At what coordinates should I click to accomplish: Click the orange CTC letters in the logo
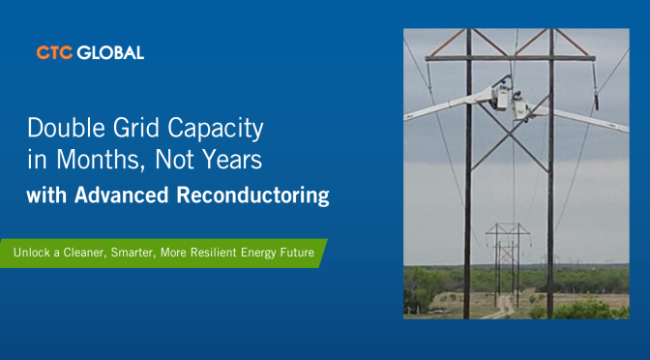point(54,52)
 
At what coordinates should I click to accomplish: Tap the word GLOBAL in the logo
point(110,52)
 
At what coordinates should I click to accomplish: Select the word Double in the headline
point(67,128)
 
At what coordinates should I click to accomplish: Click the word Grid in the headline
point(136,128)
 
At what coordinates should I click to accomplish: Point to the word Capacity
point(215,129)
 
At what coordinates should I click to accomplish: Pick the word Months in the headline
point(101,160)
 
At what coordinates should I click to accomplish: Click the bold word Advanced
point(122,195)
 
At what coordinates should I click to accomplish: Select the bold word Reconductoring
point(252,195)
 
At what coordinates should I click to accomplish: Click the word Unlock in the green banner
point(32,253)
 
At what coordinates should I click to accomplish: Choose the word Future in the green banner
point(297,253)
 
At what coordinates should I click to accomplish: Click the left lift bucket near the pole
point(501,96)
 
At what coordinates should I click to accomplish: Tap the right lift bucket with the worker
point(519,107)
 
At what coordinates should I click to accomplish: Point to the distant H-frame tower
point(508,264)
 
